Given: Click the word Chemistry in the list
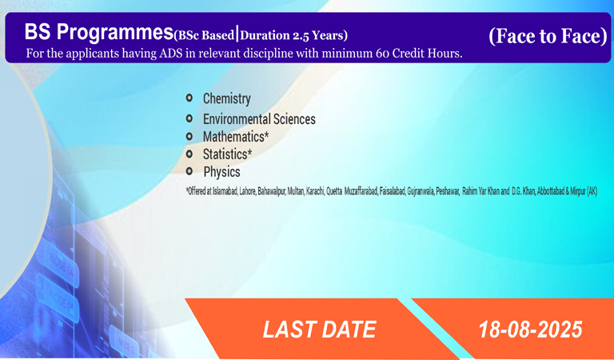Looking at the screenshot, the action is [x=226, y=99].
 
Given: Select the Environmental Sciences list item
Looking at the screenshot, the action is [x=259, y=119].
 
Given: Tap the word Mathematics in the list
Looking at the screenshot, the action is [x=233, y=137].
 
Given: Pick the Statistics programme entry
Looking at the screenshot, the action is [x=225, y=154].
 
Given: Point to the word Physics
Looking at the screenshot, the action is [x=221, y=172].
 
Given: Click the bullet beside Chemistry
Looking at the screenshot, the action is [x=189, y=98].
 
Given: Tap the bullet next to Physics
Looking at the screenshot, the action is [x=189, y=170].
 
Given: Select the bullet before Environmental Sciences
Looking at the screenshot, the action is [x=189, y=118].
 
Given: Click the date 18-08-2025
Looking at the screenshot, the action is [x=531, y=330].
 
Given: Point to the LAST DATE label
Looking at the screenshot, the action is [x=320, y=330].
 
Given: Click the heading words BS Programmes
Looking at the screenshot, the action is [x=98, y=32].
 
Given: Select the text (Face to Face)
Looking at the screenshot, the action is [x=548, y=36].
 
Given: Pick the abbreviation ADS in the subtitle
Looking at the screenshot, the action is [x=171, y=54].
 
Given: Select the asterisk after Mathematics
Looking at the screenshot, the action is [x=267, y=134].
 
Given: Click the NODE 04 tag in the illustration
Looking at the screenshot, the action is [x=61, y=264].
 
